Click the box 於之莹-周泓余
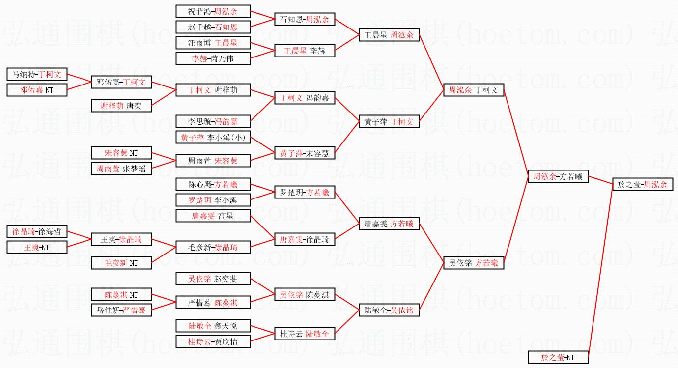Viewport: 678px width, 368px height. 642,184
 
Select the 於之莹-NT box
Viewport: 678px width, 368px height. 558,357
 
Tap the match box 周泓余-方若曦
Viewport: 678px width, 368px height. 558,176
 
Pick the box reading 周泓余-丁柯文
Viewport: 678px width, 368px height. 474,90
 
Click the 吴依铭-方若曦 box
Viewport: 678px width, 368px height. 474,263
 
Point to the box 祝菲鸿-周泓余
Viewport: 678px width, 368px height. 213,11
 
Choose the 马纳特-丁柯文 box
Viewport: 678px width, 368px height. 37,74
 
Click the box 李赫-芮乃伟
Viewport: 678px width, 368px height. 213,58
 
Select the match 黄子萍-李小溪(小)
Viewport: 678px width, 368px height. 213,138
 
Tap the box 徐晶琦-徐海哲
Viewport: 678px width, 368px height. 37,231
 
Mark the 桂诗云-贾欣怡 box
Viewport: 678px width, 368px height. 213,341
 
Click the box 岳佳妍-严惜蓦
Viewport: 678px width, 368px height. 121,310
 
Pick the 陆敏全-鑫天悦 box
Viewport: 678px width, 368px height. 213,325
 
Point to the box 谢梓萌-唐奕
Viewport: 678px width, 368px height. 121,106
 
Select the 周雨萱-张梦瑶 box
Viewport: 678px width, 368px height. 121,169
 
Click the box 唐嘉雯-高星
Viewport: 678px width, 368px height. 213,215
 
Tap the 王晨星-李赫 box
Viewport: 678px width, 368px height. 305,51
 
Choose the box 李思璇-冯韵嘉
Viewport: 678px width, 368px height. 213,121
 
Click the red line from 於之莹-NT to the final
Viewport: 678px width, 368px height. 600,270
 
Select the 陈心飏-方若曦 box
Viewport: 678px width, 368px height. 213,184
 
